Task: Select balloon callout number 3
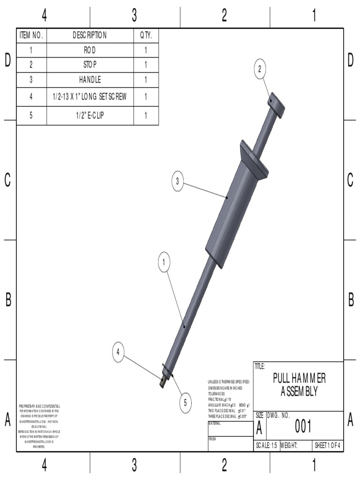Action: (177, 182)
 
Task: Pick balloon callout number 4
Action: (119, 351)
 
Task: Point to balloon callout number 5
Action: (185, 402)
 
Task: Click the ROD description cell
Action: (90, 50)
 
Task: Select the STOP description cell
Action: (90, 65)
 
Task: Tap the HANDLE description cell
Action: (90, 80)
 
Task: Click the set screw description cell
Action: (90, 97)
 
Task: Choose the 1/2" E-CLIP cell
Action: (90, 116)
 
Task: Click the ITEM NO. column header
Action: (31, 36)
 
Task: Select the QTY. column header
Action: (146, 36)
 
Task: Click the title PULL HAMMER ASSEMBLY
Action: (299, 385)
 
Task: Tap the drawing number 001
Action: (303, 427)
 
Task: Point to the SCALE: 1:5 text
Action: (266, 446)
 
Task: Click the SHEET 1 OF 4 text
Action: (328, 446)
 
